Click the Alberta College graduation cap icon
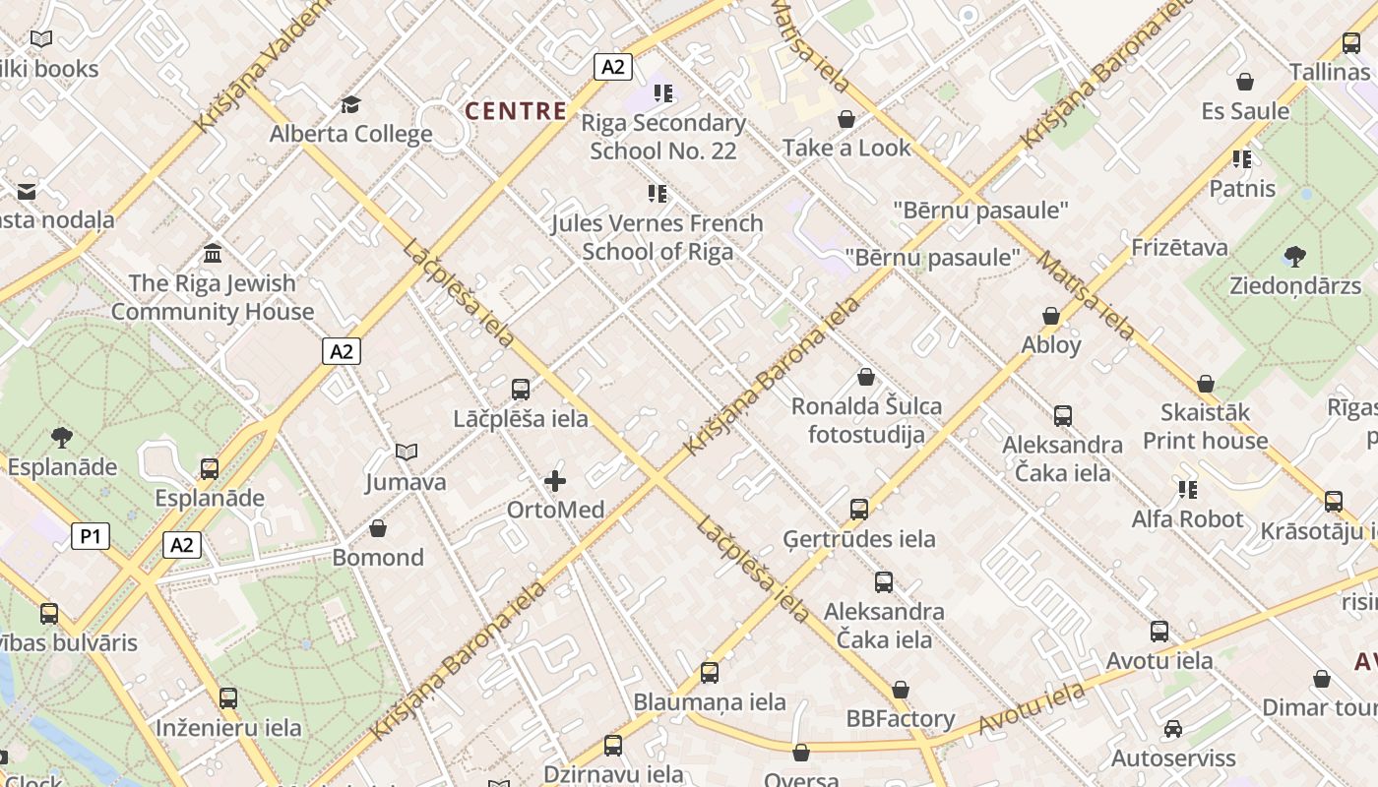350,104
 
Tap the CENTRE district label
516,111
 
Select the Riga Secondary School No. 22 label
663,137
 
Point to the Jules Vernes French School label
658,237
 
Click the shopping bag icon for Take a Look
846,119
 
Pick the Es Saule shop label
1245,111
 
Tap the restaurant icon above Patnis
1242,158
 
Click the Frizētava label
1180,247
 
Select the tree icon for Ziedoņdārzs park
1295,257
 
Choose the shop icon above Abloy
1051,316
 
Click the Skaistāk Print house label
1205,426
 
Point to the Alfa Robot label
1187,518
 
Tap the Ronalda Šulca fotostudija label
866,420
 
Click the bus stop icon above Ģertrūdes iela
859,509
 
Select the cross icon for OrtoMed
555,481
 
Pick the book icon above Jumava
407,452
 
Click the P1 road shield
91,536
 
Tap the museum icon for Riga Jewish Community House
213,254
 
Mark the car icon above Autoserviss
1172,729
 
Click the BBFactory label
901,719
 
